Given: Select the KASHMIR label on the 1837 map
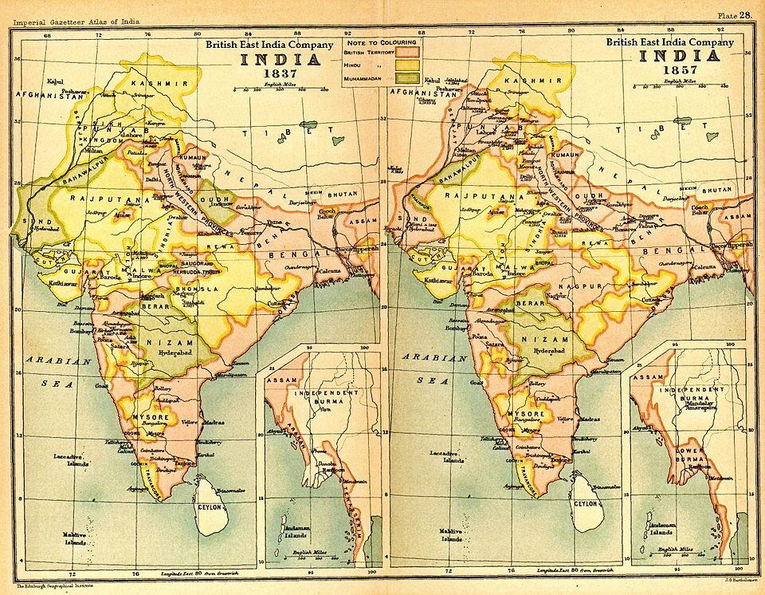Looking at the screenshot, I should click(156, 82).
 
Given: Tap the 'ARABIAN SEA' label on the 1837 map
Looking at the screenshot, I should click(50, 371).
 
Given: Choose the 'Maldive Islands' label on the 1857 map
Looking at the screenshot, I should click(453, 534).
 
